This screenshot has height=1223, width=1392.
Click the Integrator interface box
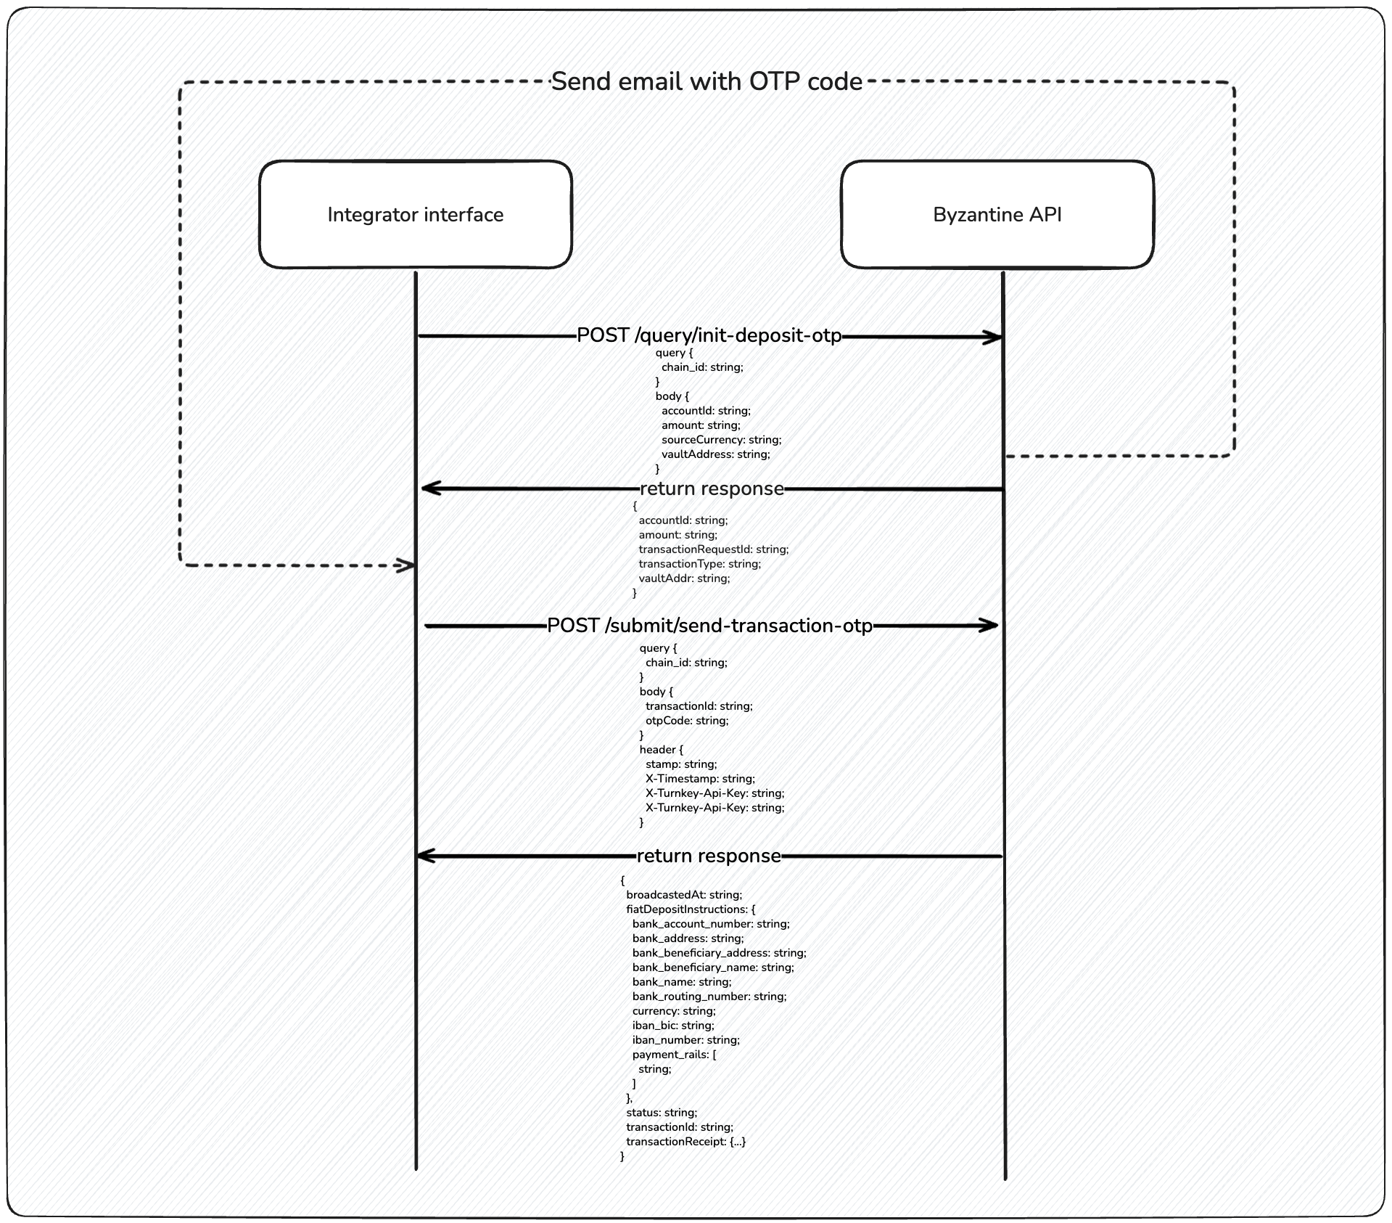(415, 215)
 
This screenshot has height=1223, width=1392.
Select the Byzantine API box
(997, 215)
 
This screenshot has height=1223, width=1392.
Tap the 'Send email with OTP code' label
(707, 81)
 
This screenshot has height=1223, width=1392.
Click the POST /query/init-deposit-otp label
(709, 335)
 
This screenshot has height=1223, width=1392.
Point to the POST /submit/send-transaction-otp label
(709, 626)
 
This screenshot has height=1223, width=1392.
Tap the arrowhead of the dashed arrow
(405, 565)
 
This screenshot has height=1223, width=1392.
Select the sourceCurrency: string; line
(721, 440)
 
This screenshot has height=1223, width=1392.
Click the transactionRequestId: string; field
(713, 549)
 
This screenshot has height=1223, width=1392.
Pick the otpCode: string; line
(686, 721)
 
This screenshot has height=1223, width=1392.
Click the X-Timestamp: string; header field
(700, 779)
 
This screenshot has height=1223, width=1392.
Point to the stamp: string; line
(680, 764)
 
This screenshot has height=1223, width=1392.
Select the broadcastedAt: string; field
(684, 895)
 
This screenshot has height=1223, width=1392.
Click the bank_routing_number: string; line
(709, 997)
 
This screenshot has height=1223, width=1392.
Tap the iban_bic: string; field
(673, 1026)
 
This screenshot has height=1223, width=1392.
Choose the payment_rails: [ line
(674, 1055)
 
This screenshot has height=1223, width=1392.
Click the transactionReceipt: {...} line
(685, 1142)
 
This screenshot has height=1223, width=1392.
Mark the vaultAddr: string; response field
(684, 578)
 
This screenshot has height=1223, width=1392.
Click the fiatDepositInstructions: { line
(691, 909)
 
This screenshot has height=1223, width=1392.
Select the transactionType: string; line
(699, 564)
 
